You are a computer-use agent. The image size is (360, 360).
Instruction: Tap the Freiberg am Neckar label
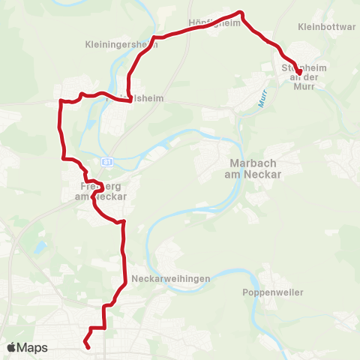click(100, 191)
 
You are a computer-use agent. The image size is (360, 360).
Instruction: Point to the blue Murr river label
click(263, 99)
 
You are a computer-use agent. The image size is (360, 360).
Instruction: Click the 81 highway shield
click(108, 161)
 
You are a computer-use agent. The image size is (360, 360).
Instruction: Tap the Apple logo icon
click(12, 348)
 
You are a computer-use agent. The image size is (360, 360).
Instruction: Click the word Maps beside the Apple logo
click(33, 348)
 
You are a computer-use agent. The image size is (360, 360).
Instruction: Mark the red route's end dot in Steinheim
click(299, 73)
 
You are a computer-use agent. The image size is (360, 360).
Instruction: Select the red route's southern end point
click(88, 346)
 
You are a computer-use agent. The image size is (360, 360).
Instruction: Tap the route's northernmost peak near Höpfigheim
click(241, 13)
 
